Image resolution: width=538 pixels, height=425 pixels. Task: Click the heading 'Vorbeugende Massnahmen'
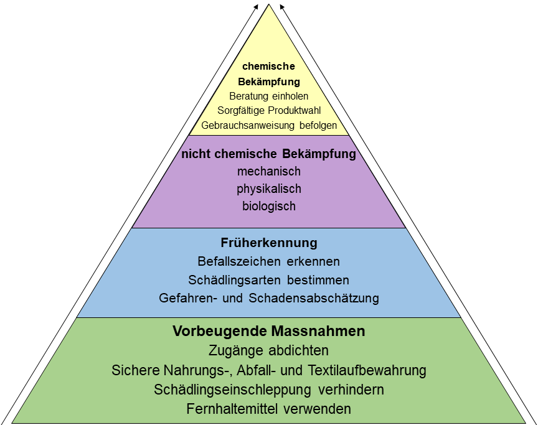click(268, 330)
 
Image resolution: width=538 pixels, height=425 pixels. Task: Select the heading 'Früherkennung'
click(269, 242)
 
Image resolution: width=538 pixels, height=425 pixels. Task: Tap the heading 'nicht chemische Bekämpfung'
click(269, 154)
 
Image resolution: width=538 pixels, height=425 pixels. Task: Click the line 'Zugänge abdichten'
click(269, 350)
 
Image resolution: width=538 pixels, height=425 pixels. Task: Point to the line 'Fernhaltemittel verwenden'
click(269, 409)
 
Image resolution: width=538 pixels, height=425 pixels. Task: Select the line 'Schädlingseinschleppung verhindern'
click(269, 390)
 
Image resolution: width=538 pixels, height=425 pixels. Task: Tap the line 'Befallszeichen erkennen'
click(269, 261)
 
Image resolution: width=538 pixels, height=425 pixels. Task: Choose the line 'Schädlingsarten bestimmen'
click(269, 279)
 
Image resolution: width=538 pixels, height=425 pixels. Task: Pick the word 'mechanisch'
click(269, 171)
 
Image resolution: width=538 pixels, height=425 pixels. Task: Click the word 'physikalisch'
click(269, 189)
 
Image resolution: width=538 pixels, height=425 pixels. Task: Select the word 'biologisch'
click(269, 206)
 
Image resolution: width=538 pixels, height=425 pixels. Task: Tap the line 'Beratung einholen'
click(269, 96)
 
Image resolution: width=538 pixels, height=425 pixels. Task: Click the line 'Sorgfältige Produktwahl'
click(269, 110)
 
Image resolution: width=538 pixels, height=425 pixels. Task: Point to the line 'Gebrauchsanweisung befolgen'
click(269, 125)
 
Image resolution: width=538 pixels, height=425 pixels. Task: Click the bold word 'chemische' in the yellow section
click(269, 66)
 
